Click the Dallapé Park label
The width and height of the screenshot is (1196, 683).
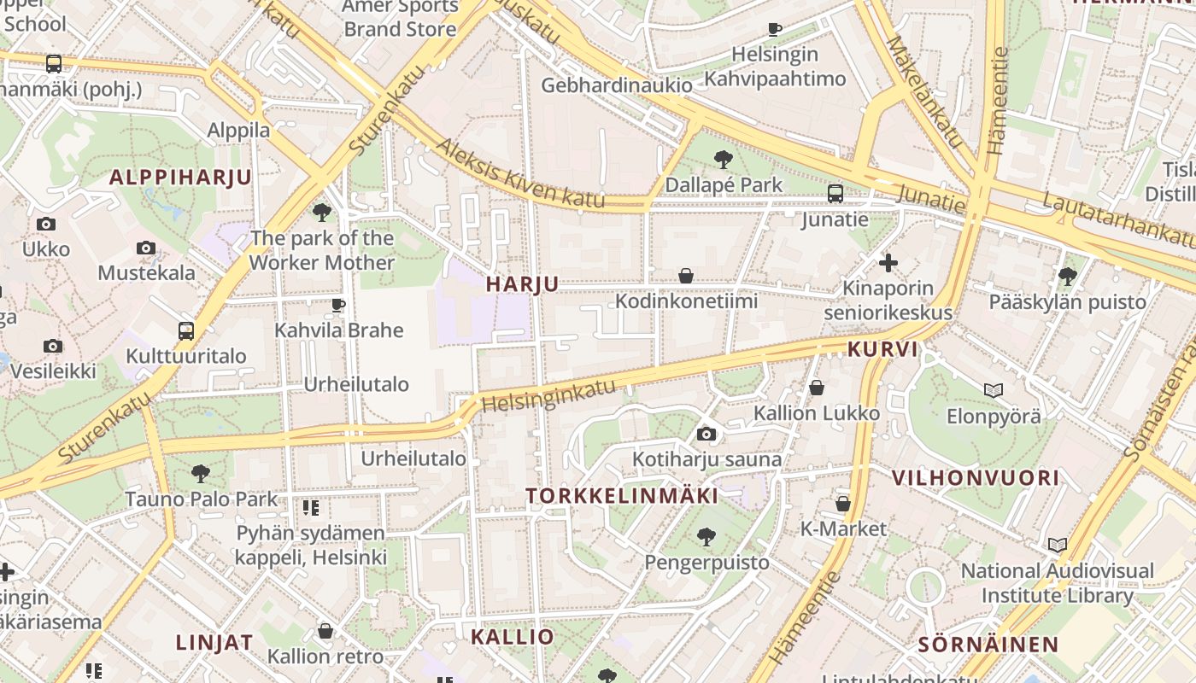click(724, 184)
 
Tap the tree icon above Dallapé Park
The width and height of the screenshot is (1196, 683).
click(724, 159)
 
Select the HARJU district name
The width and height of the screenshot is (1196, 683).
click(522, 284)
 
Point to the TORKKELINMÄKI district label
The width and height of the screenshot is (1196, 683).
click(622, 495)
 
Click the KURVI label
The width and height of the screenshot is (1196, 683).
click(882, 348)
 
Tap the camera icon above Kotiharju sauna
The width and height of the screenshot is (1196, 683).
click(706, 435)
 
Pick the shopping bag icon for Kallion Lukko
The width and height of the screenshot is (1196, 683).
click(817, 388)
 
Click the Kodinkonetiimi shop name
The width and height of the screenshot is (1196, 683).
click(686, 301)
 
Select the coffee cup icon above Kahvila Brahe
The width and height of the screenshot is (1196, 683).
click(338, 305)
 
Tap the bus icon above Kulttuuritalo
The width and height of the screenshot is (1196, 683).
click(185, 331)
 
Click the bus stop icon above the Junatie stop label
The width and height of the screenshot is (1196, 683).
click(835, 194)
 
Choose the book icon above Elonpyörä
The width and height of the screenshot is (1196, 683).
click(993, 391)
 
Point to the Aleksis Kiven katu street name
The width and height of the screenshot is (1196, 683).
click(520, 174)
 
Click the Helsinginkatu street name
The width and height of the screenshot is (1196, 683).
click(548, 394)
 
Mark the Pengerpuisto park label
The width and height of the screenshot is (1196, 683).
click(706, 563)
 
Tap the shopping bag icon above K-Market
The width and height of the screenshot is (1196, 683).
click(843, 504)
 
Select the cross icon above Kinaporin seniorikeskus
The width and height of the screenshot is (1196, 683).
click(888, 263)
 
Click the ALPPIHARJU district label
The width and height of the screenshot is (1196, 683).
click(180, 178)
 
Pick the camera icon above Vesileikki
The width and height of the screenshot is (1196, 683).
click(53, 346)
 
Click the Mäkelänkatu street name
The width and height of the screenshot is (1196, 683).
click(923, 90)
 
